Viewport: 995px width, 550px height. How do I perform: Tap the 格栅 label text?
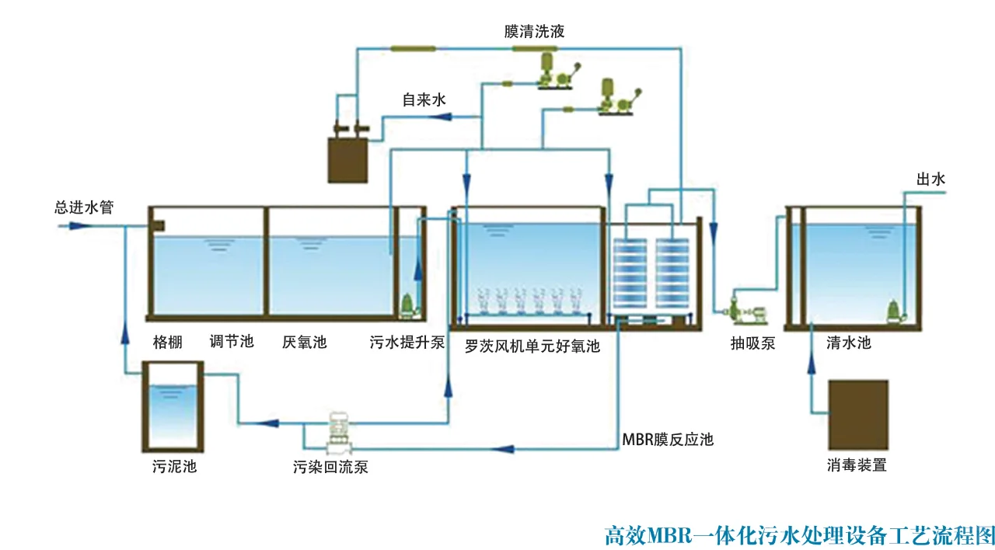point(168,342)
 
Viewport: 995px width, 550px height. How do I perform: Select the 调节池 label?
point(232,342)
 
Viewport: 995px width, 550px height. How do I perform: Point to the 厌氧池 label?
point(304,342)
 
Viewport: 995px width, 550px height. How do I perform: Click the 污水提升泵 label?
point(407,342)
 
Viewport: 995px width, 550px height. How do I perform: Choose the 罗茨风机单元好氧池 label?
point(532,346)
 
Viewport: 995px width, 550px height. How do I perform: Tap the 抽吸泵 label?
point(752,343)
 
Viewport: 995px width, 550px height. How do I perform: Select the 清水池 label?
point(848,342)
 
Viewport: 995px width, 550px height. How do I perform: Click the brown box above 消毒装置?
point(857,415)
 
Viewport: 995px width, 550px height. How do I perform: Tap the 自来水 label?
point(424,99)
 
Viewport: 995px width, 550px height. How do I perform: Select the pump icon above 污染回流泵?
point(340,432)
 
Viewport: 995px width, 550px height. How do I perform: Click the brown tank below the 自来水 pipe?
point(347,160)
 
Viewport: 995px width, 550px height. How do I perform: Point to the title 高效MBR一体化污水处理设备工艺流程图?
point(799,535)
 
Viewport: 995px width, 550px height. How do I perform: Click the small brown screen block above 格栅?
point(159,225)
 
